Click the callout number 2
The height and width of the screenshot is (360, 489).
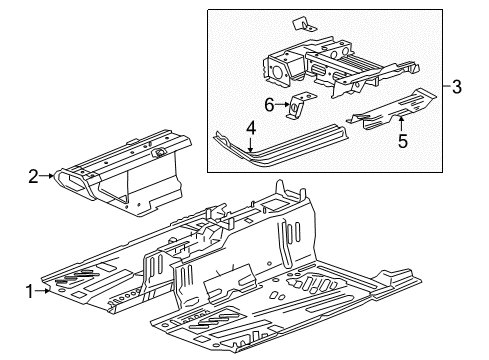pyautogui.click(x=34, y=177)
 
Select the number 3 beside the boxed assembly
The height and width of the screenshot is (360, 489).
pyautogui.click(x=458, y=87)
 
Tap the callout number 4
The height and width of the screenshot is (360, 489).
pyautogui.click(x=252, y=127)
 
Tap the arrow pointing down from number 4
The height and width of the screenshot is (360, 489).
pyautogui.click(x=252, y=145)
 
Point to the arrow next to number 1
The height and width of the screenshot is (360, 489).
pyautogui.click(x=48, y=291)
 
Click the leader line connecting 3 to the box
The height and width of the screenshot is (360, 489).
pyautogui.click(x=445, y=87)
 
